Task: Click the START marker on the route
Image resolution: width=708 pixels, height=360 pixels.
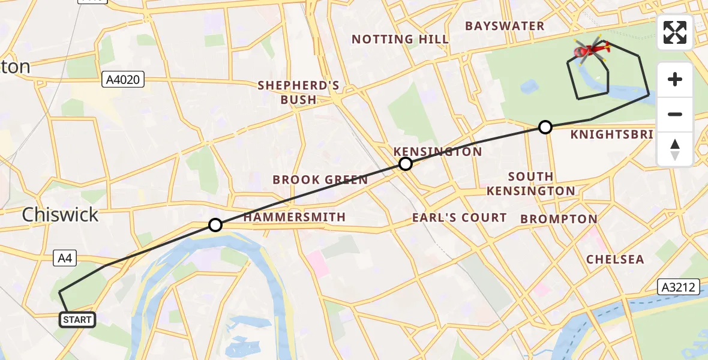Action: tap(77, 320)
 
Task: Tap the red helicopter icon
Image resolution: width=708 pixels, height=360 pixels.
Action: tap(591, 50)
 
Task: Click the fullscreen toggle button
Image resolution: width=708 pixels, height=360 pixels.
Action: tap(675, 32)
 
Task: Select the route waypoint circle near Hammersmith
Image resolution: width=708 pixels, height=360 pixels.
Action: tap(215, 225)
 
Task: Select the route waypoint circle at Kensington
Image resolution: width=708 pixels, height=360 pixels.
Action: tap(406, 164)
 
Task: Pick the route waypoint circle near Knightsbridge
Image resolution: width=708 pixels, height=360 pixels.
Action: tap(545, 127)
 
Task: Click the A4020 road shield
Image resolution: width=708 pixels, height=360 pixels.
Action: tap(123, 79)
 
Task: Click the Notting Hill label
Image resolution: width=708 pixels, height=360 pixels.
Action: tap(400, 40)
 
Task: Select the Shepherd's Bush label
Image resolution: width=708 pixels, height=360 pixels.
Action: tap(298, 92)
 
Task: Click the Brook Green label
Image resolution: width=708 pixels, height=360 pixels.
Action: tap(320, 180)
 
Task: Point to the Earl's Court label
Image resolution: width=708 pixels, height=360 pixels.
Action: tap(459, 217)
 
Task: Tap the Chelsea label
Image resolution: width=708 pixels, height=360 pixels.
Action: tap(615, 259)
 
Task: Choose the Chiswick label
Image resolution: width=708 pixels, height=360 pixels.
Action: tap(60, 215)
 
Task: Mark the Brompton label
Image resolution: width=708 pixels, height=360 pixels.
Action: tap(559, 219)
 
